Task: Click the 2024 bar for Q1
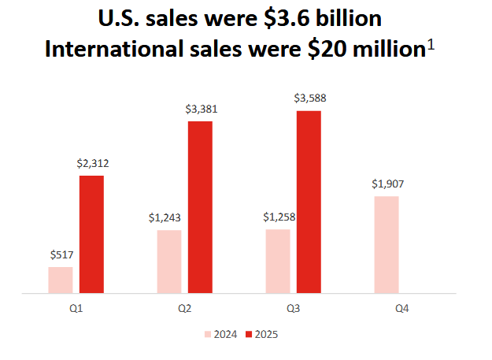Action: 60,280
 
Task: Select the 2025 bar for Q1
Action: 91,234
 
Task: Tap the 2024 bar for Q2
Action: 169,262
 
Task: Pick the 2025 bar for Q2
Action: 200,207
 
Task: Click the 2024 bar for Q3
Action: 278,261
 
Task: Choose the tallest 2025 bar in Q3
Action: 309,202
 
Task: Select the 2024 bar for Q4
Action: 387,244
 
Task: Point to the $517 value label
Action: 61,254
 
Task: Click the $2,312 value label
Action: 93,164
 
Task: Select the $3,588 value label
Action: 309,98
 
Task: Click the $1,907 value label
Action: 387,184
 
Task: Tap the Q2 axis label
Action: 185,308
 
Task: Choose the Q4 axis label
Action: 402,308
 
